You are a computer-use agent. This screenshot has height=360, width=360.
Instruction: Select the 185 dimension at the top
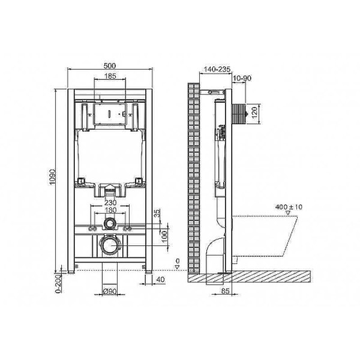pyautogui.click(x=110, y=76)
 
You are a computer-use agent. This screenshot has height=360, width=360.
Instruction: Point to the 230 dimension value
pyautogui.click(x=109, y=203)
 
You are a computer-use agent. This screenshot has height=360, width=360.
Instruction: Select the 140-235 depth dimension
pyautogui.click(x=216, y=70)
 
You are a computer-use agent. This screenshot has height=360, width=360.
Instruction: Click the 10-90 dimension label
pyautogui.click(x=243, y=79)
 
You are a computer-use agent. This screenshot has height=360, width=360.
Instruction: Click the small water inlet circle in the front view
pyautogui.click(x=109, y=224)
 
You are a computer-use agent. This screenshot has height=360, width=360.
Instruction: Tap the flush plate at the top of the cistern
pyautogui.click(x=109, y=113)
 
